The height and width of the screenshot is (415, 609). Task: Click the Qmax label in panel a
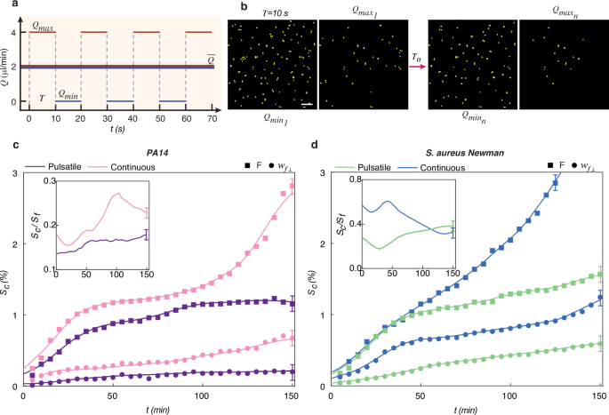pyautogui.click(x=43, y=28)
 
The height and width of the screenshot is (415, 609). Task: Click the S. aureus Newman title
pyautogui.click(x=460, y=153)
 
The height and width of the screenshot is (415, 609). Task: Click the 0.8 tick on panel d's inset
pyautogui.click(x=353, y=180)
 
